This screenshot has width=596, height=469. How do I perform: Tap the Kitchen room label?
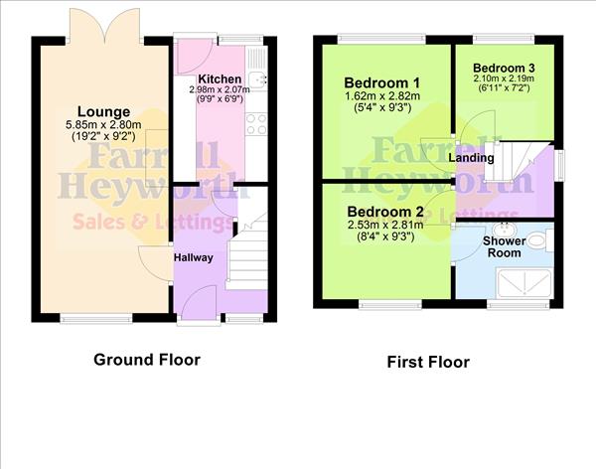click(219, 78)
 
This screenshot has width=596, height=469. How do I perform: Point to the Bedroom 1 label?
click(382, 81)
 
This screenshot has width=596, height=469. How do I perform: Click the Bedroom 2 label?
click(385, 211)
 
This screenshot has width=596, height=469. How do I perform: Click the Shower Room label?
click(503, 247)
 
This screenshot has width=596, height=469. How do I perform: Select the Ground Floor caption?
click(147, 360)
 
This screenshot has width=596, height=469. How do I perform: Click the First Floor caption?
click(428, 363)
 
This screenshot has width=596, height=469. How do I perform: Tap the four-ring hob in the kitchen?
click(255, 123)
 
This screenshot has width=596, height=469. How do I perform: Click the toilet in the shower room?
click(535, 238)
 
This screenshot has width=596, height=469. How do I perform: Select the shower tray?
click(525, 280)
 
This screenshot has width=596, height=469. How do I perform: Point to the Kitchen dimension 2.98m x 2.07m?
click(220, 90)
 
